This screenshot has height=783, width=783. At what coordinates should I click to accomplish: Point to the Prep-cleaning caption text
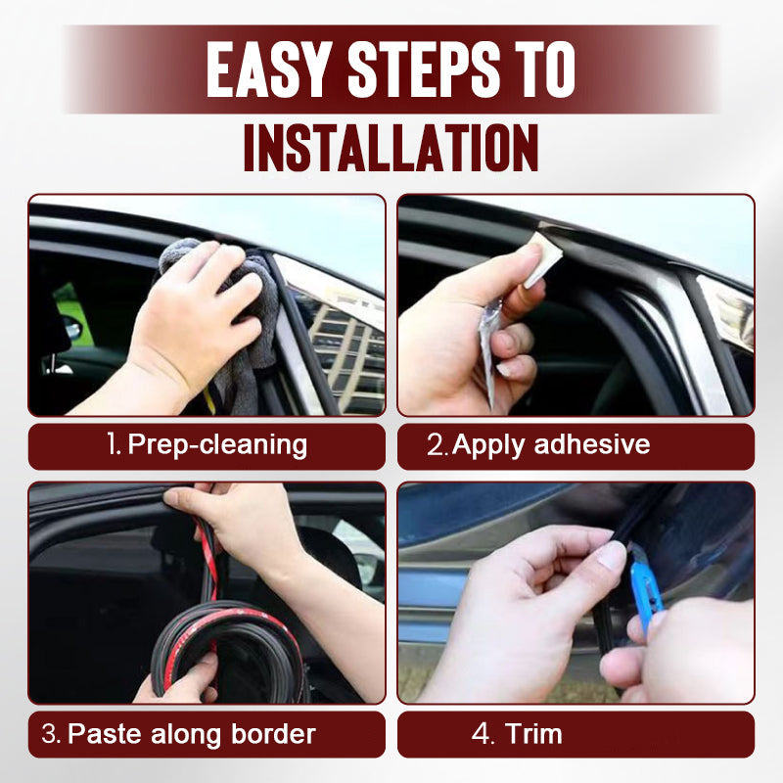[217, 445]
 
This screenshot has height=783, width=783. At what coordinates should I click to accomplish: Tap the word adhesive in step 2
[592, 445]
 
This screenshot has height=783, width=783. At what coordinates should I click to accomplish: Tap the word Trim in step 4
[533, 734]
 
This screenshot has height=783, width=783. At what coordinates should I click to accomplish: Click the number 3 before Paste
[49, 734]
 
